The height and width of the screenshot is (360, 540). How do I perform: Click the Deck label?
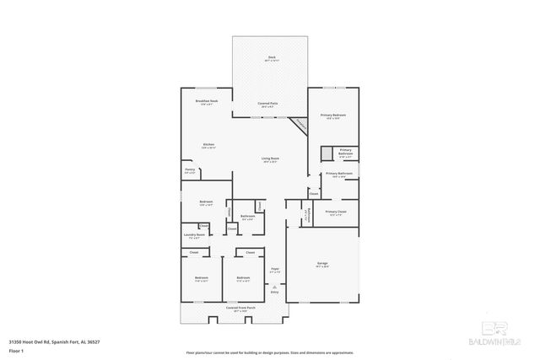pyautogui.click(x=270, y=57)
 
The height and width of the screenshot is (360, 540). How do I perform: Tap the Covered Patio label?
pyautogui.click(x=268, y=104)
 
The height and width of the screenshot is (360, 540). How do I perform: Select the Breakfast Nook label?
pyautogui.click(x=207, y=101)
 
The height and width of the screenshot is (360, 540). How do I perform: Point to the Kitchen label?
pyautogui.click(x=208, y=145)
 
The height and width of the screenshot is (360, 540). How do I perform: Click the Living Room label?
pyautogui.click(x=270, y=159)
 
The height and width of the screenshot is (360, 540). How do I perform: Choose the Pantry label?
pyautogui.click(x=190, y=170)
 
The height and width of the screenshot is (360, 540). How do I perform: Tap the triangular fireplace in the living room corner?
pyautogui.click(x=299, y=125)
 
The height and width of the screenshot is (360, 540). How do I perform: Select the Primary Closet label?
pyautogui.click(x=336, y=212)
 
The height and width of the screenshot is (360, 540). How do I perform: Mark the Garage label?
pyautogui.click(x=322, y=264)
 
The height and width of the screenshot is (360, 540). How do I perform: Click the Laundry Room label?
pyautogui.click(x=194, y=235)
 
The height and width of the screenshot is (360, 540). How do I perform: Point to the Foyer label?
pyautogui.click(x=274, y=271)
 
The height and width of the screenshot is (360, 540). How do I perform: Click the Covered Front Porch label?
pyautogui.click(x=240, y=309)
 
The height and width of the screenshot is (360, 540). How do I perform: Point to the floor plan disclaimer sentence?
pyautogui.click(x=269, y=352)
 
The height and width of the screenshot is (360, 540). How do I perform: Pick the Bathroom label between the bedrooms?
pyautogui.click(x=247, y=217)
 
